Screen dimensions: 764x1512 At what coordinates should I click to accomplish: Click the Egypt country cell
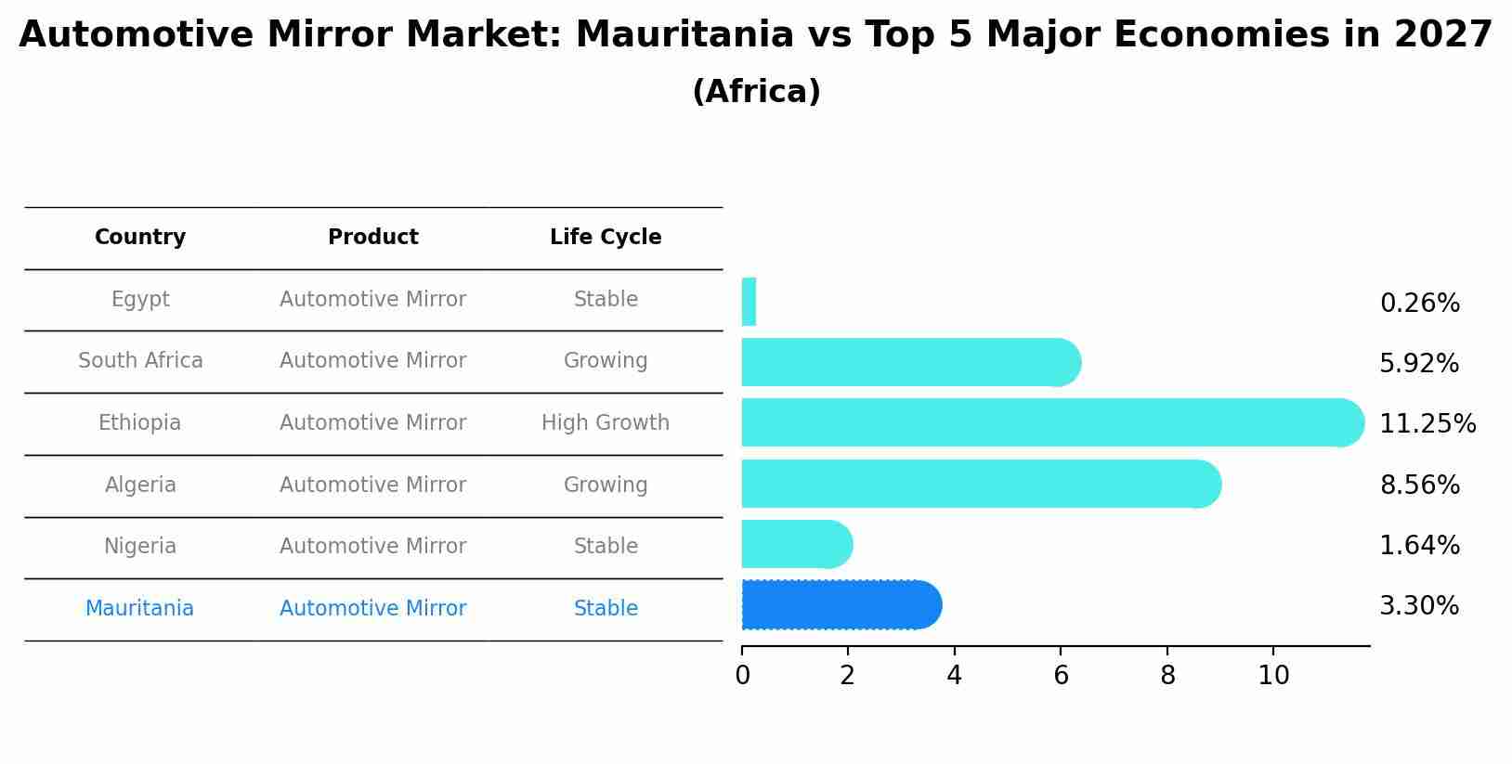(140, 300)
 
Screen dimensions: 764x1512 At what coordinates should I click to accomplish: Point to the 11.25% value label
(1427, 424)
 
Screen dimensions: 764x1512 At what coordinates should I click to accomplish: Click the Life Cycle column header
(606, 238)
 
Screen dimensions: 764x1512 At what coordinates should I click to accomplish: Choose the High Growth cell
(606, 423)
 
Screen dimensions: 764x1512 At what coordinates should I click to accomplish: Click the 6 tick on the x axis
(1061, 676)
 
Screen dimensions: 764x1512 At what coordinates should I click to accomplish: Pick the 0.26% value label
(1419, 304)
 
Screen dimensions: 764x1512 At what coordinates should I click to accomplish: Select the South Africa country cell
(140, 361)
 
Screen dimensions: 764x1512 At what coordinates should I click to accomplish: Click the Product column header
(372, 238)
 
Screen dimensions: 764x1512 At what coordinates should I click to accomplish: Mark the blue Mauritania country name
(139, 609)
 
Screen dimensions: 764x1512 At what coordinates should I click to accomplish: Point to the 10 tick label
(1273, 676)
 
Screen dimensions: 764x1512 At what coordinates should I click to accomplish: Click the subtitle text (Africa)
(756, 92)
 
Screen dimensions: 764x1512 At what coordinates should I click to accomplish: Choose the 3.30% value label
(1419, 606)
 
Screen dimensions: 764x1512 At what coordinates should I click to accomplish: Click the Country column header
(140, 238)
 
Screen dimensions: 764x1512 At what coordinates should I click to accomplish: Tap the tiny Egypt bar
(749, 302)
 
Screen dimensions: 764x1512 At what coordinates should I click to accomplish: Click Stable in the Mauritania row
(606, 609)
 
